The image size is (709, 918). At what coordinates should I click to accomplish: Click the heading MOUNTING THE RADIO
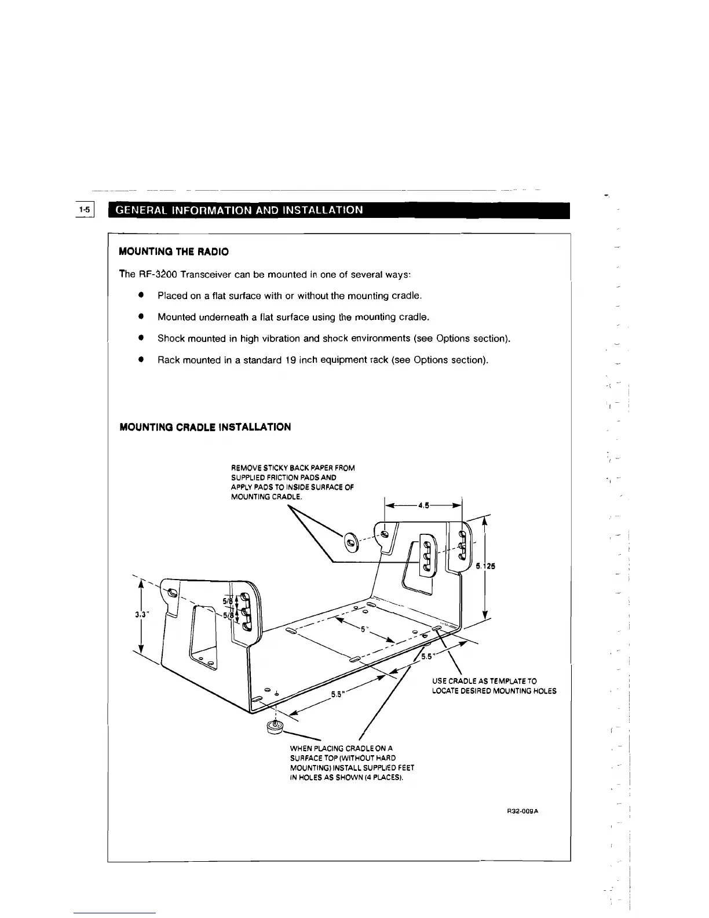(x=173, y=252)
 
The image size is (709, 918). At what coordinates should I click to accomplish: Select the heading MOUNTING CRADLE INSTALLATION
(x=204, y=427)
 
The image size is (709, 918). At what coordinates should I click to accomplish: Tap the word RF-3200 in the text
(x=157, y=274)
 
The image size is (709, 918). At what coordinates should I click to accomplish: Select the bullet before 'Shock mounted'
(x=140, y=338)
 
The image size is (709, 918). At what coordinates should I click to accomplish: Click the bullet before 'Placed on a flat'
(x=140, y=295)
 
